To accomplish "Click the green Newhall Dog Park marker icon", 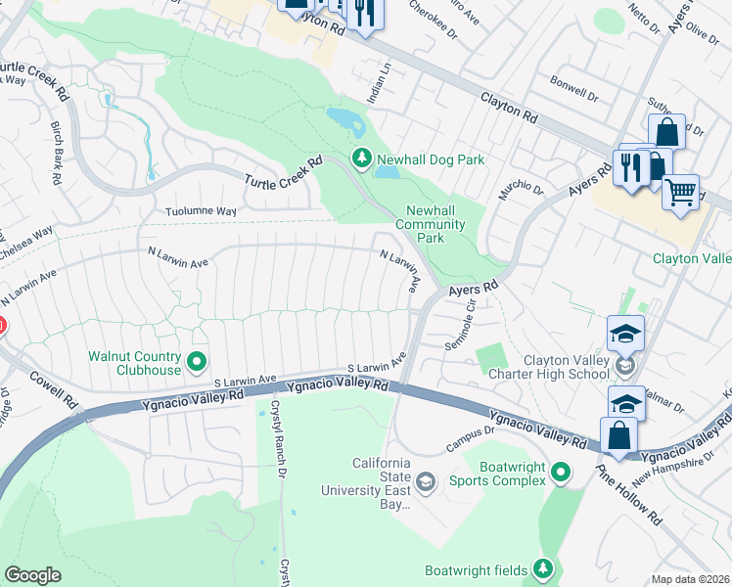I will [x=362, y=158].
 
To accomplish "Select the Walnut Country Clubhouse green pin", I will [x=196, y=363].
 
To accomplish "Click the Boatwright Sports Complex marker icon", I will [x=560, y=474].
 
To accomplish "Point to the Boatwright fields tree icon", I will [x=543, y=569].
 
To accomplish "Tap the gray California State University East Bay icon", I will [x=426, y=480].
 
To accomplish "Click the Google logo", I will [x=32, y=575].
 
